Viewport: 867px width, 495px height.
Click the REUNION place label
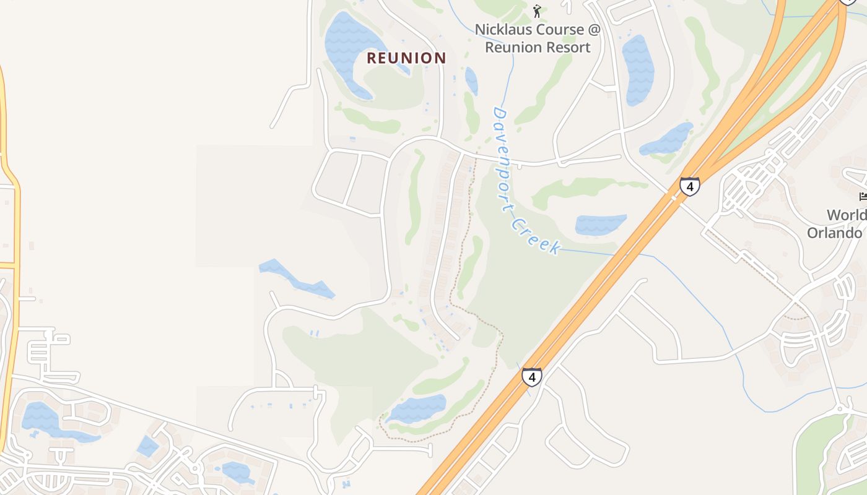(x=406, y=58)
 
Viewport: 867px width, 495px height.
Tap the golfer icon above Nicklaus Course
(x=537, y=11)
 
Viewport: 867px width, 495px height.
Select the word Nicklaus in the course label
(x=501, y=30)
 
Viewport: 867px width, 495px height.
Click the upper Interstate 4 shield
(x=690, y=186)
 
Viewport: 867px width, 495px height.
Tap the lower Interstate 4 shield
(x=531, y=376)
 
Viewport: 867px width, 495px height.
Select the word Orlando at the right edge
(x=834, y=233)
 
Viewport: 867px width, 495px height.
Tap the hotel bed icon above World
(x=862, y=197)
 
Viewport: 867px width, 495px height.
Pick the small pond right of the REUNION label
(x=471, y=80)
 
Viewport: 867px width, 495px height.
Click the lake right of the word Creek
(x=600, y=224)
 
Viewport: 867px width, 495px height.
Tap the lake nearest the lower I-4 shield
(x=417, y=409)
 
